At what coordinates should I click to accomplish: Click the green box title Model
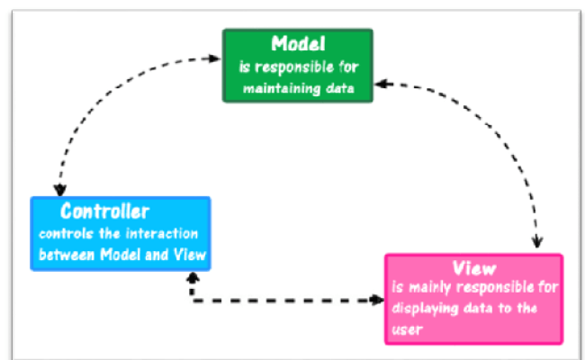(297, 43)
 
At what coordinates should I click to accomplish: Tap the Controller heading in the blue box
(104, 212)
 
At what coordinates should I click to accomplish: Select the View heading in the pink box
(473, 268)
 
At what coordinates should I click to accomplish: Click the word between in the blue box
(65, 255)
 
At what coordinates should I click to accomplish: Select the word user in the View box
(407, 328)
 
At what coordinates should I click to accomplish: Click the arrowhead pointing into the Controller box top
(58, 190)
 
